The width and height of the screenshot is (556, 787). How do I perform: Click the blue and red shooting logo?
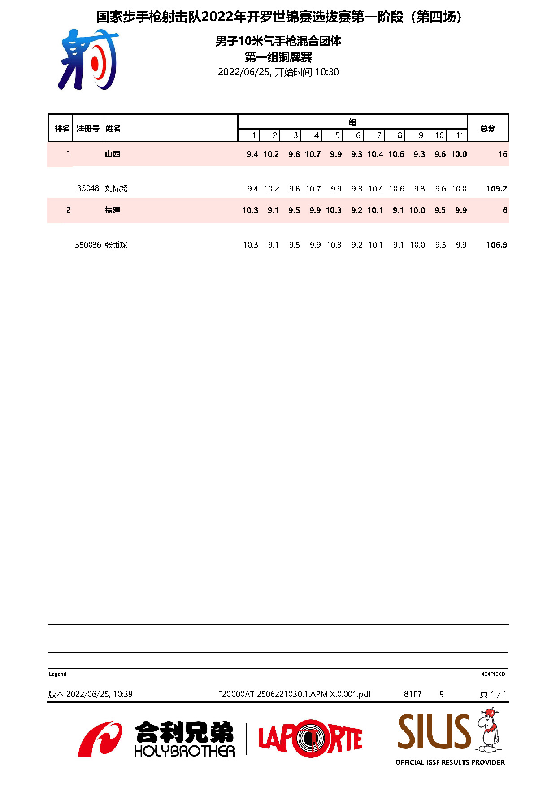click(89, 60)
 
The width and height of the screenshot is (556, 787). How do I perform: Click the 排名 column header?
click(62, 129)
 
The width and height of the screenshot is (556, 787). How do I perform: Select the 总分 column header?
click(487, 128)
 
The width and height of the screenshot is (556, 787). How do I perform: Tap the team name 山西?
click(112, 154)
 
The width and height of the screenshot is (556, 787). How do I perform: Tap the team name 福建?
click(112, 210)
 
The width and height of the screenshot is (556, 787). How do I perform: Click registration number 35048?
click(88, 189)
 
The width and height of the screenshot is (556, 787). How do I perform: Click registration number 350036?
click(88, 245)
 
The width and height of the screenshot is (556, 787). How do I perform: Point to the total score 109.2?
click(496, 189)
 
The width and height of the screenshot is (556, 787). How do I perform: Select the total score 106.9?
click(496, 245)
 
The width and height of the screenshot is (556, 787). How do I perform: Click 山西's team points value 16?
click(502, 154)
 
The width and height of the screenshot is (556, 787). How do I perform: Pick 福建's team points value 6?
click(504, 210)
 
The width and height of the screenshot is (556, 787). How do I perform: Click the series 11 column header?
click(460, 135)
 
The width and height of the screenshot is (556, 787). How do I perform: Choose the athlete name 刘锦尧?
click(116, 189)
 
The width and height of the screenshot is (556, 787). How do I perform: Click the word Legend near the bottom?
click(58, 674)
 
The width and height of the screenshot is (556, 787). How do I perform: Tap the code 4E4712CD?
click(493, 674)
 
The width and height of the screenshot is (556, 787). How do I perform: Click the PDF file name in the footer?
click(295, 694)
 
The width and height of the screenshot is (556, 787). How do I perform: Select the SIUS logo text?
click(434, 732)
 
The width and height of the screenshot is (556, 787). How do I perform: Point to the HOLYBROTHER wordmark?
click(184, 751)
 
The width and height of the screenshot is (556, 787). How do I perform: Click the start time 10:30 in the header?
click(327, 72)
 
